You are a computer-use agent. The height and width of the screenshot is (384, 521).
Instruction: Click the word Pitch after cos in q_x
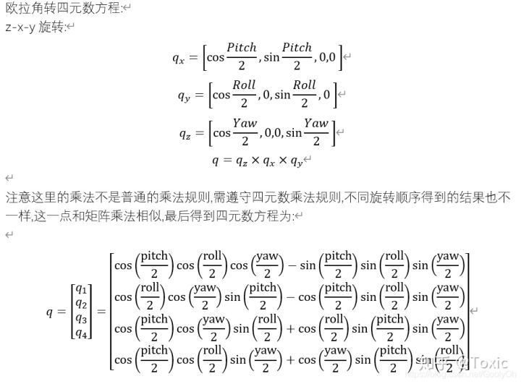(x=241, y=48)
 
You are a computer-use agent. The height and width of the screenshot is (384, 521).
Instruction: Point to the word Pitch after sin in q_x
(x=297, y=48)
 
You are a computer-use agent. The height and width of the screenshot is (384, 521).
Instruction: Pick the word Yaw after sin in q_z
(x=315, y=123)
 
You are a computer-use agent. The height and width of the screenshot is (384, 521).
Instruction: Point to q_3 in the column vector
(x=80, y=319)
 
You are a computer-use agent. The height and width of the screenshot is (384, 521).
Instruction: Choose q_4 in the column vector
(x=80, y=333)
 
